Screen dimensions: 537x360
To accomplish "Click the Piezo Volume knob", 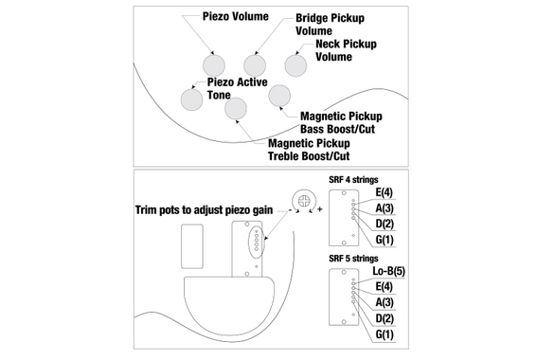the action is (214, 65).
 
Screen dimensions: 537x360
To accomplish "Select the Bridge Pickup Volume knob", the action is (255, 65).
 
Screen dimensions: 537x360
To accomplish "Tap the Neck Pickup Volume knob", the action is (295, 65).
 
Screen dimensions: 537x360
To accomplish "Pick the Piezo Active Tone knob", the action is (191, 99).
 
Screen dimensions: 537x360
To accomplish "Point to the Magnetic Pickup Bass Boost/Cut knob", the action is (279, 96).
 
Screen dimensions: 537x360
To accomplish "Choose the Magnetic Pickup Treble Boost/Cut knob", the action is (236, 109).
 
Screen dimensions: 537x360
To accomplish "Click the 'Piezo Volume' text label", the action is (236, 16).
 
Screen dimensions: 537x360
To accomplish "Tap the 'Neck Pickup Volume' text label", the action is (346, 50).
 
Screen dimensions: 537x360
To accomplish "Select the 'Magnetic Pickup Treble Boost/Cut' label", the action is (309, 150).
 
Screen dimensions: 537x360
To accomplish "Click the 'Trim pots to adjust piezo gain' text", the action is (205, 209).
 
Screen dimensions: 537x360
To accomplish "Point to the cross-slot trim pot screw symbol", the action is (303, 201).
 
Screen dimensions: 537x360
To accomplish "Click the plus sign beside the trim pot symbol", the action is (319, 209).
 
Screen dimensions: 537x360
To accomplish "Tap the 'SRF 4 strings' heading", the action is (353, 179).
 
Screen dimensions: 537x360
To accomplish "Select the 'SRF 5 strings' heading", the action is (353, 258).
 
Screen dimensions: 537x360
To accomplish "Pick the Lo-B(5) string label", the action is (388, 271).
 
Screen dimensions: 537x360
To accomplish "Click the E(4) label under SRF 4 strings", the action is (385, 192).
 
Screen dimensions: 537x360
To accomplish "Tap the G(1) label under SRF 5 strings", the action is (385, 334).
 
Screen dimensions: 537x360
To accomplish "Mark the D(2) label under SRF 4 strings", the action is (385, 224).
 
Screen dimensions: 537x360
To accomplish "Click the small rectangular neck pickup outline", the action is (191, 246).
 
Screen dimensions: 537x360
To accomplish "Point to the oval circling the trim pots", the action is (248, 241).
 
